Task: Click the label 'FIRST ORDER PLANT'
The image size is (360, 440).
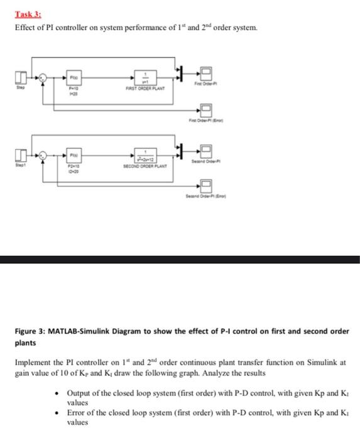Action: coord(145,89)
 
